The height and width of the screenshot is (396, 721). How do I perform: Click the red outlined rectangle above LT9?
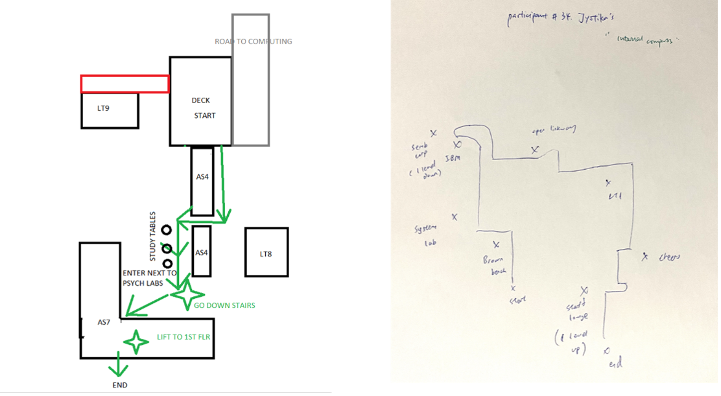click(124, 84)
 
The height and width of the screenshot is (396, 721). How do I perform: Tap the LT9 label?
click(103, 108)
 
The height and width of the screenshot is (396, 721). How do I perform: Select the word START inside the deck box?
click(204, 115)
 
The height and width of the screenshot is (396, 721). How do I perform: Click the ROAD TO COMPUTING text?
click(254, 41)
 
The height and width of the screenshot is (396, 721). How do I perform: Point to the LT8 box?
click(266, 253)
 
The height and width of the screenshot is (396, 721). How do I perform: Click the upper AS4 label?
click(202, 176)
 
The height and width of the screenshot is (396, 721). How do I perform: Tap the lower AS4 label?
click(202, 253)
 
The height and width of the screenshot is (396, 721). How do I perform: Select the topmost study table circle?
click(167, 229)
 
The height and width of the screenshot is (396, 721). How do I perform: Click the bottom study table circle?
click(167, 264)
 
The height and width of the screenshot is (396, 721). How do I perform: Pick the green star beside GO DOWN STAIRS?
click(187, 295)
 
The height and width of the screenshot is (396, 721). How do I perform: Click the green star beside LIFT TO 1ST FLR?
click(136, 342)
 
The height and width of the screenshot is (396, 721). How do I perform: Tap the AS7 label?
click(104, 322)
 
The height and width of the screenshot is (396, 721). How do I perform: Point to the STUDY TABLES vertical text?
click(153, 237)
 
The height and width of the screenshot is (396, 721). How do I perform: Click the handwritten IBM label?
click(453, 159)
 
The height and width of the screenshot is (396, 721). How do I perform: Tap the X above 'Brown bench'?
click(496, 245)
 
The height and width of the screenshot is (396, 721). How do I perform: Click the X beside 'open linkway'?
click(535, 150)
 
